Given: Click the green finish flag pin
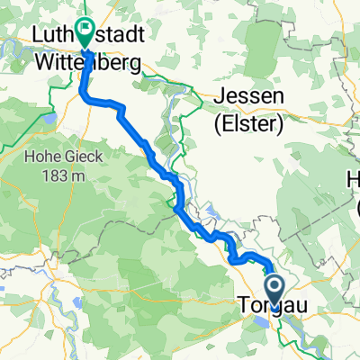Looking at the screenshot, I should [86, 31].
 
